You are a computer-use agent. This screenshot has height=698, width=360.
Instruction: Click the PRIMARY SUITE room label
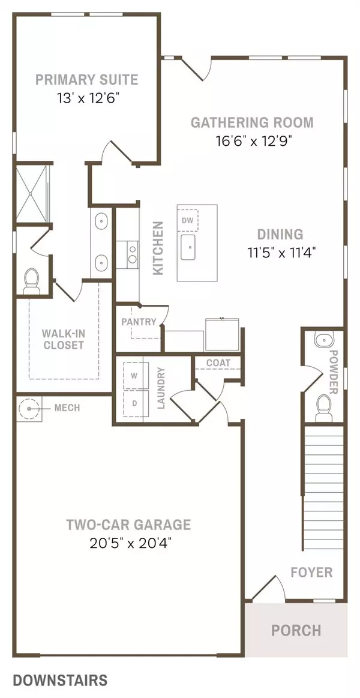click(x=86, y=79)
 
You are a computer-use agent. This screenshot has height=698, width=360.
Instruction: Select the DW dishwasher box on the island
click(x=188, y=220)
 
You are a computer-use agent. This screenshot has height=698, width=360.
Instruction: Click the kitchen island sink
click(x=188, y=246)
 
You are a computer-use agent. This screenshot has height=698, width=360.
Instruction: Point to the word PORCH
click(x=296, y=630)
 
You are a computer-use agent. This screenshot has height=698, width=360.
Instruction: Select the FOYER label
click(x=311, y=571)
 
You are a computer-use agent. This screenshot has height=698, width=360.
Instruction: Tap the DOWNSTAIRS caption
click(x=60, y=680)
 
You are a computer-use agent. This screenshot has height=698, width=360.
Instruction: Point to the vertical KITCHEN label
click(x=158, y=248)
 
